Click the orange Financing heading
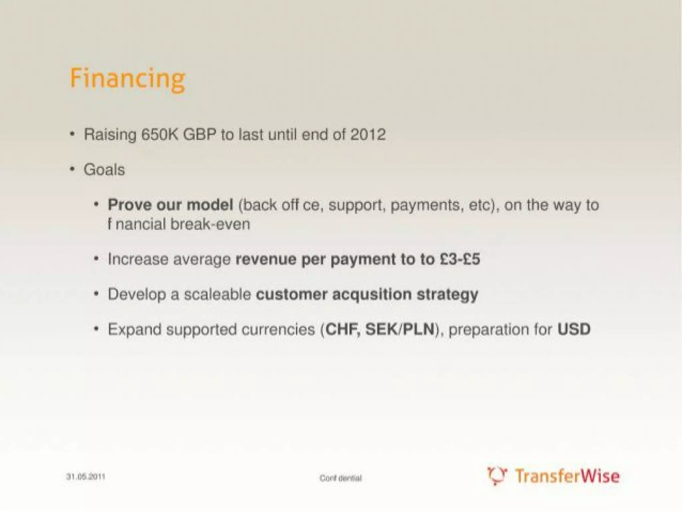pos(127,79)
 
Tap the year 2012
pos(368,135)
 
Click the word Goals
pos(104,170)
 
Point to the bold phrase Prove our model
pos(170,205)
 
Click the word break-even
pos(210,224)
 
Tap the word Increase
pos(138,259)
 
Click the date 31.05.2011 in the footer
pos(86,477)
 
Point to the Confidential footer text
pos(340,478)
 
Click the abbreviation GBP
pos(199,135)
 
